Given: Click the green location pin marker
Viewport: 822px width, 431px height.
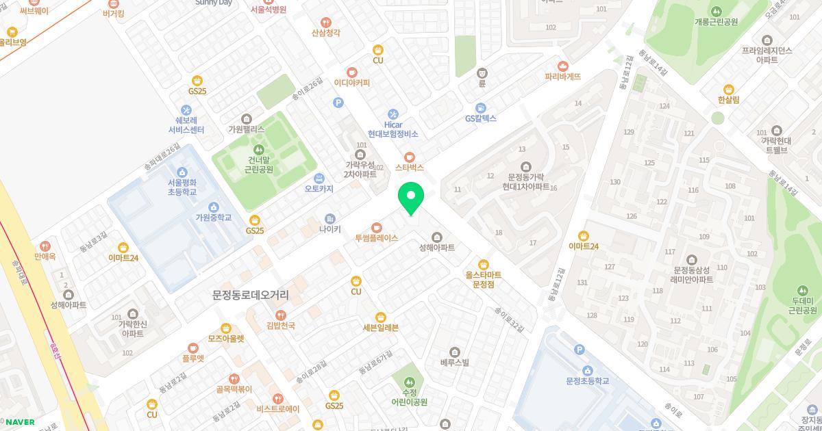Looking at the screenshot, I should click(411, 199).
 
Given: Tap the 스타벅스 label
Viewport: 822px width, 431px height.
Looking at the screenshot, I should click(410, 167).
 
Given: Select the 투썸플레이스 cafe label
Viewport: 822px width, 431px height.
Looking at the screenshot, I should click(376, 237).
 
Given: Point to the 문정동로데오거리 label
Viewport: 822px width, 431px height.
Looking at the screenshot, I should click(250, 295).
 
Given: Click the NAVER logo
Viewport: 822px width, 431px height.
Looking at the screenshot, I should click(18, 422).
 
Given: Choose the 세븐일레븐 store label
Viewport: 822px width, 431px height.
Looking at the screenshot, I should click(380, 327).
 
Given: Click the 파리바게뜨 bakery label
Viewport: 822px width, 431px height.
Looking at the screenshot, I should click(562, 77).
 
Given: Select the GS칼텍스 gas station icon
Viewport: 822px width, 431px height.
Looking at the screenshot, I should click(481, 107).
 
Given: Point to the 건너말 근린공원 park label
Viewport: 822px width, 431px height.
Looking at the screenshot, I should click(258, 164).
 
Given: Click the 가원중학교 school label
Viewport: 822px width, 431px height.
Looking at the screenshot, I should click(213, 218).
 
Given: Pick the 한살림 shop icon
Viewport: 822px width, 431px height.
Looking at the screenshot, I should click(728, 89).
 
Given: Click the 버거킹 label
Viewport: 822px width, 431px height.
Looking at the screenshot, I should click(113, 13).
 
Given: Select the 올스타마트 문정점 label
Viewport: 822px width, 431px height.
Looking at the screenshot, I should click(483, 278).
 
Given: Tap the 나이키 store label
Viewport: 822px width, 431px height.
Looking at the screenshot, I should click(329, 229).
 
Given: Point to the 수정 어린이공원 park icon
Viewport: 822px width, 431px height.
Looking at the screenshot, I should click(410, 382).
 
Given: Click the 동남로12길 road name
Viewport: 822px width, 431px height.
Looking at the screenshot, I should click(553, 287).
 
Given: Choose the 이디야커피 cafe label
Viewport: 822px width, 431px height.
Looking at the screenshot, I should click(351, 83).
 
